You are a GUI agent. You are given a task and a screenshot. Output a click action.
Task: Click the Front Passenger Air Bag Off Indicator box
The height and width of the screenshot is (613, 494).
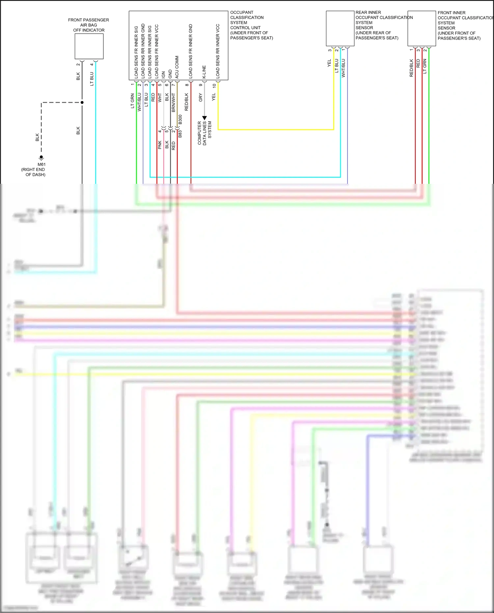89,46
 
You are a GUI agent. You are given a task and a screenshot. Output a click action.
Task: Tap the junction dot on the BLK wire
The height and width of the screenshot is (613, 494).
82,102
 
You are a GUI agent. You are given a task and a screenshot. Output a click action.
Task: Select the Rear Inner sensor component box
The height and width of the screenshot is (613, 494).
340,29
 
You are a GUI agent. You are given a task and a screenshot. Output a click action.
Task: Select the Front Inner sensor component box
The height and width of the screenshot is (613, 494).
422,29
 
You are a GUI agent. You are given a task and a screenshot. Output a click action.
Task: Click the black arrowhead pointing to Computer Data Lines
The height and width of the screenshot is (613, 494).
204,118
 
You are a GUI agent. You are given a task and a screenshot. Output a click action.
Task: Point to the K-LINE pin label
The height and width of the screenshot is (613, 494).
204,72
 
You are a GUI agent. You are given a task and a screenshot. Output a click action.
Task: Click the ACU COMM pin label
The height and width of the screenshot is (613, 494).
177,67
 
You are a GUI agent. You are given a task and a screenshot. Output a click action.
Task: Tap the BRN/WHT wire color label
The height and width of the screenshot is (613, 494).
174,102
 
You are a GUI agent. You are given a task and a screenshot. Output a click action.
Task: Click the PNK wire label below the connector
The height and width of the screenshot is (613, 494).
160,145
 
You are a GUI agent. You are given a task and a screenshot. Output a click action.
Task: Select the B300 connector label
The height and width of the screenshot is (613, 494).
180,120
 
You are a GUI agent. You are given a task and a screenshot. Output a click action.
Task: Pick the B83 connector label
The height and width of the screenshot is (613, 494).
180,134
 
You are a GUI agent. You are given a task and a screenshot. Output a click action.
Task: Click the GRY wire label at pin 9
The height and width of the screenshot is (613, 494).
200,98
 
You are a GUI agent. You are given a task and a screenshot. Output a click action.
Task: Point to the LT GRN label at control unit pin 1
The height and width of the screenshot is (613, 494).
132,101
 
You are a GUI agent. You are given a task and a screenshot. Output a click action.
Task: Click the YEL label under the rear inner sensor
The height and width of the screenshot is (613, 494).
329,63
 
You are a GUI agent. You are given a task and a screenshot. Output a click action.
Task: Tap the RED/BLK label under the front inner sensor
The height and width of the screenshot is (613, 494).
411,68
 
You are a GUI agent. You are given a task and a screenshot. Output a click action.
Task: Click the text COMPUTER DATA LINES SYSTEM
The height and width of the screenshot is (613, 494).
204,133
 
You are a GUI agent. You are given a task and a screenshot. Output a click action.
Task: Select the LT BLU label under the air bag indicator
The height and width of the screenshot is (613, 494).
92,79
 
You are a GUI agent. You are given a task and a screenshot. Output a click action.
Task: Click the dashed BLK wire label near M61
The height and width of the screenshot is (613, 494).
37,137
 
